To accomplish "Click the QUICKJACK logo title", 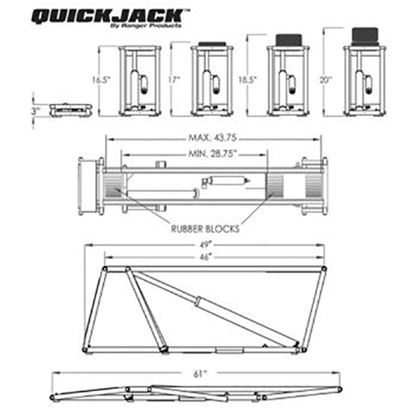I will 109,16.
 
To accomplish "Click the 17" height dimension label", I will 177,79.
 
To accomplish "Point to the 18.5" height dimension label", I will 253,79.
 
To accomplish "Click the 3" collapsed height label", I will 35,110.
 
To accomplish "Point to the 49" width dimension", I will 204,244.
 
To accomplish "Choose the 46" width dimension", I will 204,256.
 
